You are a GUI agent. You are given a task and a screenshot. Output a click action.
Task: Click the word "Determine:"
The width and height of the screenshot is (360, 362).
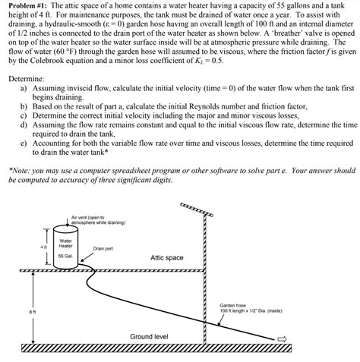point(25,78)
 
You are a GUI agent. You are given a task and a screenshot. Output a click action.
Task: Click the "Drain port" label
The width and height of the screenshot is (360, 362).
point(103,248)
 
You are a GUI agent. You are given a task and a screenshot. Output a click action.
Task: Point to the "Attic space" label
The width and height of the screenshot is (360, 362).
point(166,258)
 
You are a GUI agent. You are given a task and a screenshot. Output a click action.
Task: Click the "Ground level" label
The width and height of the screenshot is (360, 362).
point(149,335)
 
